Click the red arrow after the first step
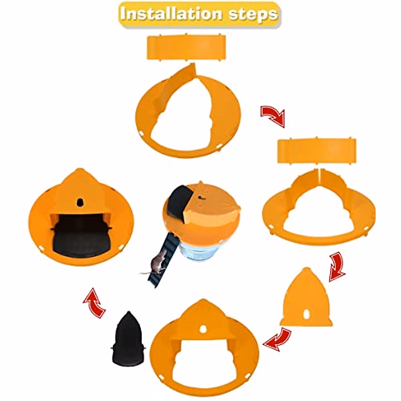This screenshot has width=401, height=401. tap(272, 116)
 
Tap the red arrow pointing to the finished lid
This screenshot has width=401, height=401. tap(94, 302)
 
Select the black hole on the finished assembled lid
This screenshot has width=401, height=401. tap(80, 202)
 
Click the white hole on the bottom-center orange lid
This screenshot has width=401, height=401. tap(203, 329)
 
